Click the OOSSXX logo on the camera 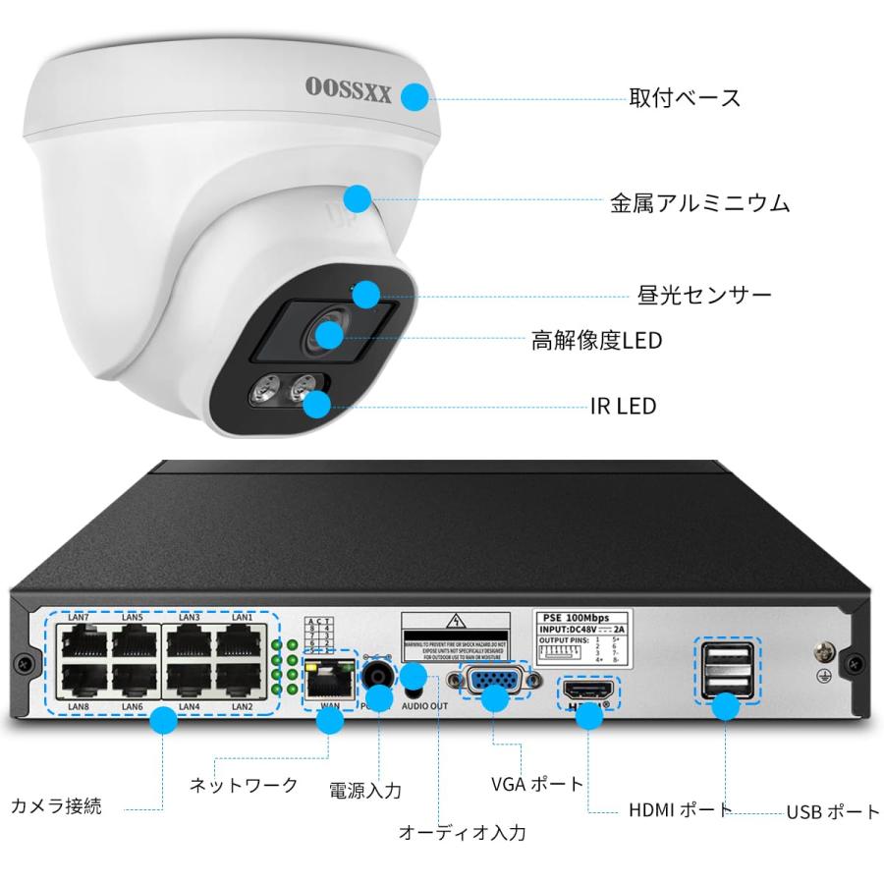(x=349, y=94)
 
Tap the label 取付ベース (x=685, y=98)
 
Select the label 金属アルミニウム (x=699, y=203)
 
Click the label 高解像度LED (x=596, y=341)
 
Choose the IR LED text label (x=623, y=406)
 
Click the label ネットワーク (x=243, y=785)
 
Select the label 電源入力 (x=365, y=790)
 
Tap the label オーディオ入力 (x=462, y=833)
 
